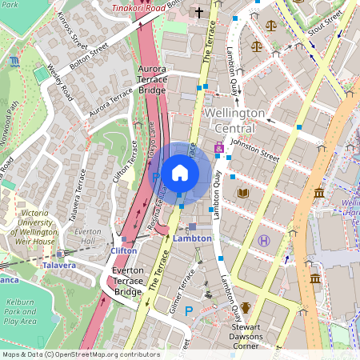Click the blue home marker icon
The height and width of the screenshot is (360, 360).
[180, 172]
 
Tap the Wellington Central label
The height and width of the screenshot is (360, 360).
[234, 121]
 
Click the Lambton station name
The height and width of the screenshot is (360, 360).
[192, 238]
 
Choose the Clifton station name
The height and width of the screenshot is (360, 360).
[123, 250]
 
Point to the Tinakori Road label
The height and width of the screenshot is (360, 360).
[138, 7]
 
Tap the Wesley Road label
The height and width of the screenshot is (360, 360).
[63, 82]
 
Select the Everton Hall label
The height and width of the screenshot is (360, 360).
[86, 235]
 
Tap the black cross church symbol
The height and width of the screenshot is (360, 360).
[199, 12]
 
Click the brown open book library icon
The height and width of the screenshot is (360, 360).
[243, 193]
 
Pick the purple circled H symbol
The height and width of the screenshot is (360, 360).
[265, 240]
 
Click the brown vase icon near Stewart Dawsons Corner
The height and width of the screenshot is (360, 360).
[246, 307]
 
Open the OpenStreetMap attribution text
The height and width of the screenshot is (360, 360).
[80, 354]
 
